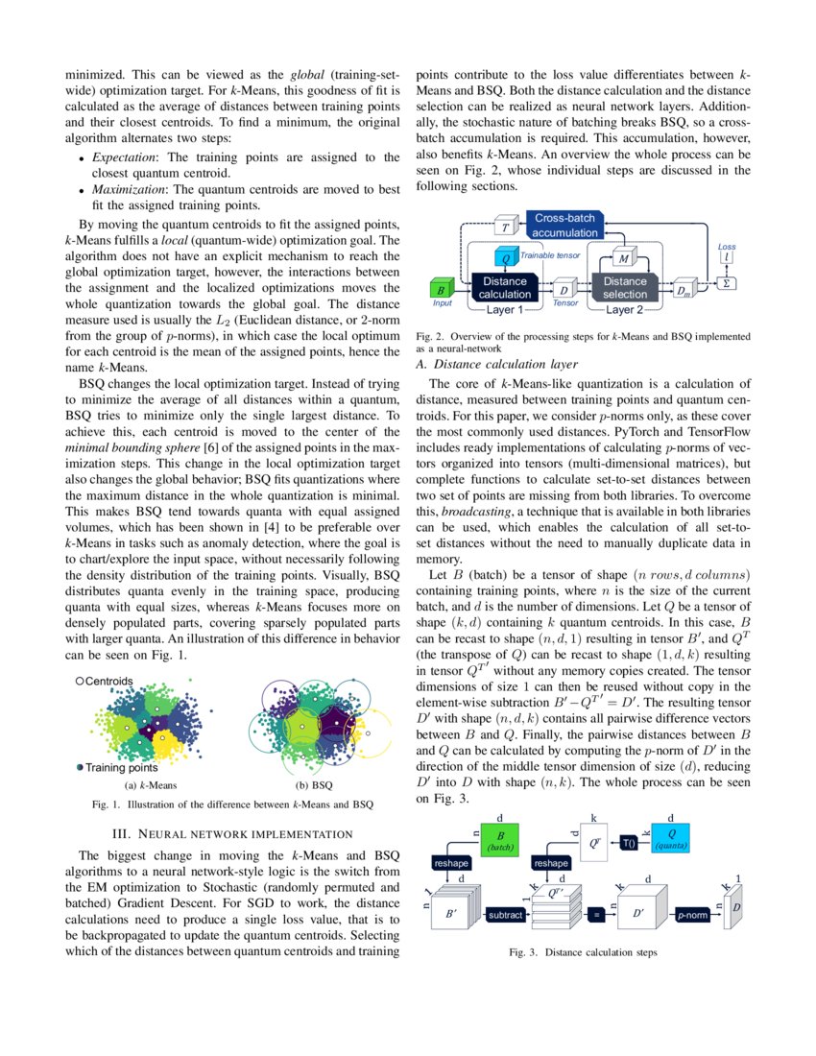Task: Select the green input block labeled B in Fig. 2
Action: point(440,288)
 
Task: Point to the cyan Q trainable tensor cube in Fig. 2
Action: point(505,257)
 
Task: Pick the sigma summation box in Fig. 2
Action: point(728,283)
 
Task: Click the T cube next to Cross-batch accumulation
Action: point(505,228)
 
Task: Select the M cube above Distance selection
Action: point(624,257)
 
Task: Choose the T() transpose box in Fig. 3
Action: point(630,842)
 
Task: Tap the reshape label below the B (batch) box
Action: point(454,863)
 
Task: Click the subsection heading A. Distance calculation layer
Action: point(496,365)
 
